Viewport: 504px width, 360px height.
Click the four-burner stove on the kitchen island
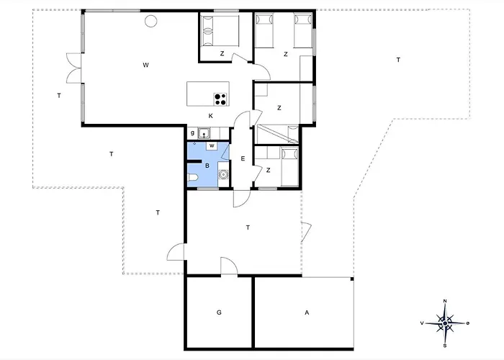click(x=220, y=99)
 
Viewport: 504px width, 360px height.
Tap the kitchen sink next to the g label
click(x=204, y=133)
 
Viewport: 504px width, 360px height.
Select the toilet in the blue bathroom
click(x=193, y=177)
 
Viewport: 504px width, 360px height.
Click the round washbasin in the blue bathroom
click(x=222, y=174)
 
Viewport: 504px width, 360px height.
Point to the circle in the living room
click(x=150, y=21)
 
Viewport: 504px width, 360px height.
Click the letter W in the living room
click(x=145, y=66)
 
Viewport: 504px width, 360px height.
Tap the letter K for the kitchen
click(x=210, y=116)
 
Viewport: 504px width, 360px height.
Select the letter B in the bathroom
click(x=207, y=166)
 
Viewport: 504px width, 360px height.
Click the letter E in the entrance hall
click(x=243, y=158)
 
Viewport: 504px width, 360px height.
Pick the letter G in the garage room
click(x=219, y=312)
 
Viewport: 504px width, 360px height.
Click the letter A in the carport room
click(x=307, y=312)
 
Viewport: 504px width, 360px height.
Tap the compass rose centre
click(x=445, y=323)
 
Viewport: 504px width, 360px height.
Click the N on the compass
click(x=445, y=301)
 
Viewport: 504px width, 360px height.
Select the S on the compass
click(x=445, y=346)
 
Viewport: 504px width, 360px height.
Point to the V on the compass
click(x=422, y=323)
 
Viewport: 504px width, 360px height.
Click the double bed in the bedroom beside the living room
click(x=220, y=31)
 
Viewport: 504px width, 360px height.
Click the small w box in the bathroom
click(x=212, y=145)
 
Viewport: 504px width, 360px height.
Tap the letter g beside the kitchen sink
click(x=192, y=132)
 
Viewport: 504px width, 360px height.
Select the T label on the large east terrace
click(x=399, y=60)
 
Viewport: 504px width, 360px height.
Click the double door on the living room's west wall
click(x=74, y=68)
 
